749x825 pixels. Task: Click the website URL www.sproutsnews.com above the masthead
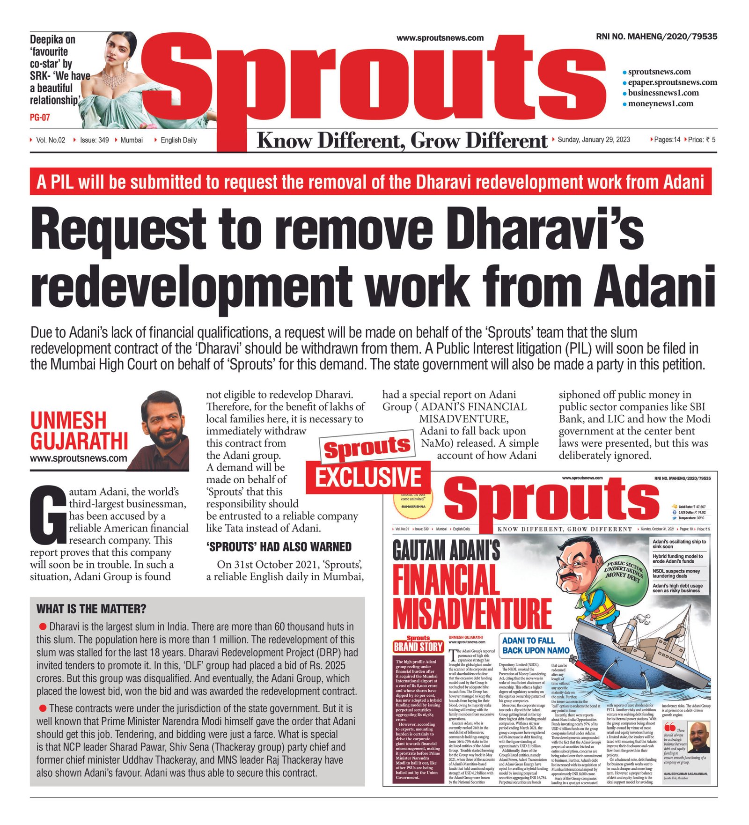click(440, 38)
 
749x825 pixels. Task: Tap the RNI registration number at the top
click(656, 37)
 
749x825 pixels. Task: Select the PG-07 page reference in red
click(40, 117)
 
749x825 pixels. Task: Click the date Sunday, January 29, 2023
click(594, 140)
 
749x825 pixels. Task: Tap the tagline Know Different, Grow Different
click(402, 140)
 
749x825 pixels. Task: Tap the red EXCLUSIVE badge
click(368, 478)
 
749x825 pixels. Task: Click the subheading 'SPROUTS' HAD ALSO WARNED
click(279, 546)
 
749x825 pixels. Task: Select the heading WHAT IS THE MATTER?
click(91, 609)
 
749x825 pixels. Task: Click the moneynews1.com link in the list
click(660, 103)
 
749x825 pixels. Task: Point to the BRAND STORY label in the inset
click(418, 647)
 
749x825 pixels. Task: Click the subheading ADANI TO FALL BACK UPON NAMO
click(536, 645)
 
